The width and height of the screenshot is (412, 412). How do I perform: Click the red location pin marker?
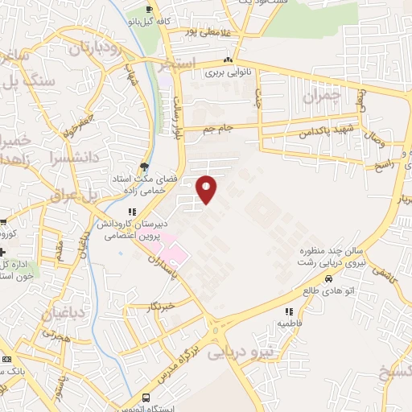(x=207, y=189)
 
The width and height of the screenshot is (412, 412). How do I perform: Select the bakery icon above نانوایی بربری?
(x=229, y=60)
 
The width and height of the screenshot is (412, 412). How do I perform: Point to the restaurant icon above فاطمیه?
(x=287, y=311)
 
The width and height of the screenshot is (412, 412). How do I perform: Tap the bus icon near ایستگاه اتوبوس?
(x=146, y=398)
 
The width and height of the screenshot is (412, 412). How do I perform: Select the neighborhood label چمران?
(x=322, y=97)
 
